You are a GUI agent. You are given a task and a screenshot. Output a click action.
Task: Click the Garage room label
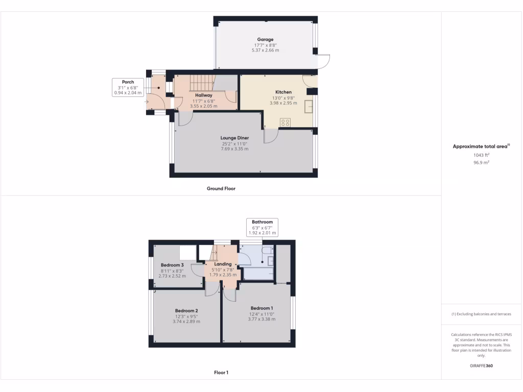click(x=265, y=39)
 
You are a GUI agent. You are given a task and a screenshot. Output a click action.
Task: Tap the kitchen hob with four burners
click(x=285, y=122)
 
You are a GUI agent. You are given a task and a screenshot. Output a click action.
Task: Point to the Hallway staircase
click(x=201, y=82)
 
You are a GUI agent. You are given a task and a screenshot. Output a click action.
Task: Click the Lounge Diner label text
click(x=235, y=138)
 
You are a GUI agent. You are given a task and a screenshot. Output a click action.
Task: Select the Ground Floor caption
click(x=221, y=188)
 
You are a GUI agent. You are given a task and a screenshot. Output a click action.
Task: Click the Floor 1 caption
click(x=221, y=373)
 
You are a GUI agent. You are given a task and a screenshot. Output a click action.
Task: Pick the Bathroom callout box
click(x=262, y=227)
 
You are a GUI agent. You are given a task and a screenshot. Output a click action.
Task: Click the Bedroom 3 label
click(x=172, y=265)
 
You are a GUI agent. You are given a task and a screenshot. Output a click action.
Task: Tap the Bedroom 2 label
click(x=186, y=310)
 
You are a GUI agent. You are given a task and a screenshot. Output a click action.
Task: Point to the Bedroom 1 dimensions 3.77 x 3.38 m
click(x=261, y=319)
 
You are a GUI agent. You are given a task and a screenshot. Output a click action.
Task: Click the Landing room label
click(x=223, y=264)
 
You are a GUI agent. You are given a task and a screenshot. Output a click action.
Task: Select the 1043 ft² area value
click(x=480, y=155)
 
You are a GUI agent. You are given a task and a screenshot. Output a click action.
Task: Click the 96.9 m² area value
click(x=480, y=162)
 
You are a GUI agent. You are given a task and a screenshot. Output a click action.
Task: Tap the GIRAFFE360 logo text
click(x=481, y=365)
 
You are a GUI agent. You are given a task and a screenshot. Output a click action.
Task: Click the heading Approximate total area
click(x=480, y=146)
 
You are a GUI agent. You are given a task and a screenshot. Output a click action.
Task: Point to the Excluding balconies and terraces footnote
click(x=481, y=314)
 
